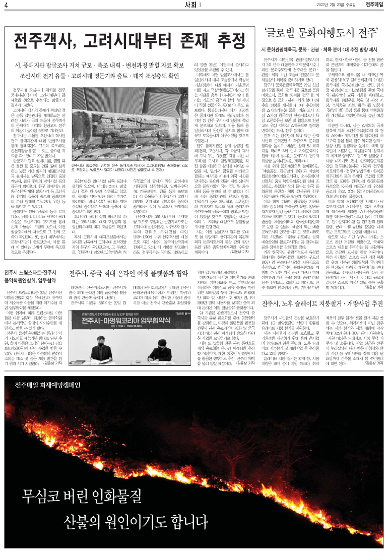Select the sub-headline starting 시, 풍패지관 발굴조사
click(99, 65)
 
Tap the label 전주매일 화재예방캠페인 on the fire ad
click(48, 372)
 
